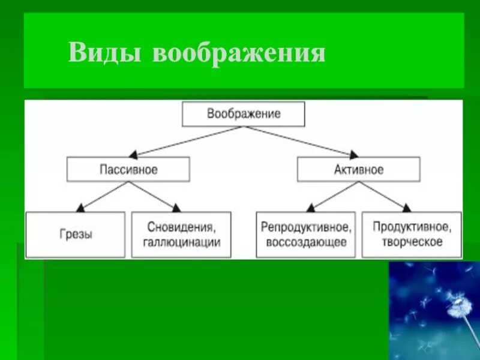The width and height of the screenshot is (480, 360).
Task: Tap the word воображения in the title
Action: coord(239,53)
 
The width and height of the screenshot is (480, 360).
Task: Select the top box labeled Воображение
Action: coord(243,114)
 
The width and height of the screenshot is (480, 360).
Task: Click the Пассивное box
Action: coord(128,170)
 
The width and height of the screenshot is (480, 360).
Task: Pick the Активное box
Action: coord(358,170)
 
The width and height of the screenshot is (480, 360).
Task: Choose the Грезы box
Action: coord(75,235)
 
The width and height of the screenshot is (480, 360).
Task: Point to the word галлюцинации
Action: coord(182,242)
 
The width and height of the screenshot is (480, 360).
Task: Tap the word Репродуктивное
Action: coord(306,227)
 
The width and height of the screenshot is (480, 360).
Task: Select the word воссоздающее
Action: coord(305,242)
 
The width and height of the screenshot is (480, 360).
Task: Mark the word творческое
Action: coord(412,242)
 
